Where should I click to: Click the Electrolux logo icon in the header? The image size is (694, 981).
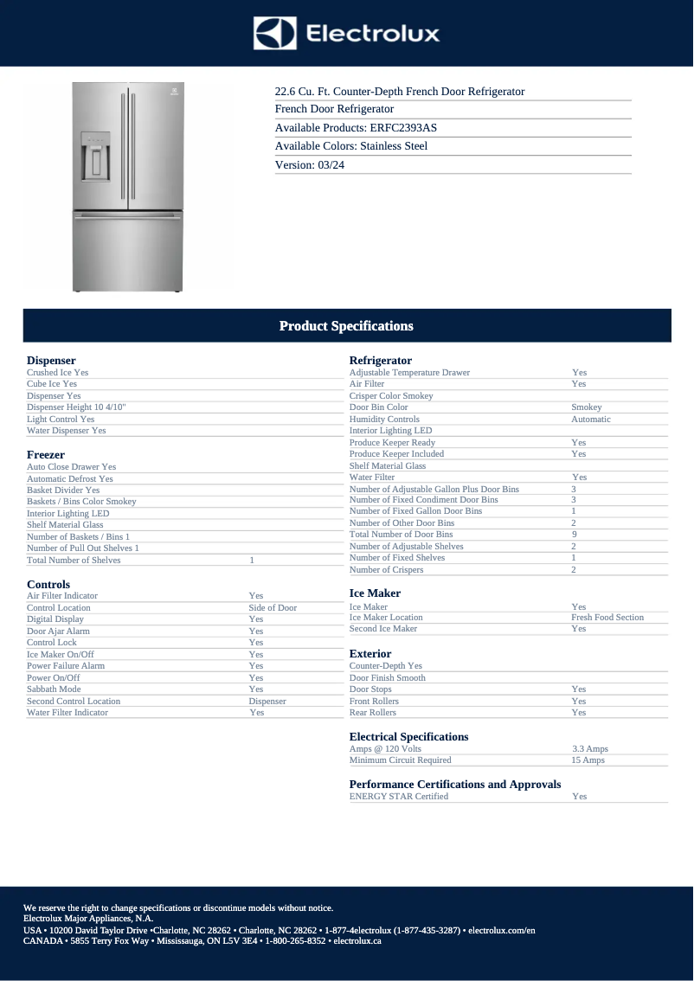tap(275, 34)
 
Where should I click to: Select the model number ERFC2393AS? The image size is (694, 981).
tap(404, 127)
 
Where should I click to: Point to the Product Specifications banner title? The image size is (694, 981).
tap(346, 326)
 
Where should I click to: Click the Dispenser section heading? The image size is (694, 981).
tap(51, 360)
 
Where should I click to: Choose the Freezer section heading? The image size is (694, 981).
tap(46, 454)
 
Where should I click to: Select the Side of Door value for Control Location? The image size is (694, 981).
tap(273, 607)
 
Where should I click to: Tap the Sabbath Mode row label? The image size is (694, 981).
tap(54, 689)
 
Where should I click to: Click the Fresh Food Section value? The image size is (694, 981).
tap(607, 618)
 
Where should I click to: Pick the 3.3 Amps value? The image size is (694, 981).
tap(590, 748)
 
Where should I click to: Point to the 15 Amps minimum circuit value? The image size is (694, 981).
tap(588, 760)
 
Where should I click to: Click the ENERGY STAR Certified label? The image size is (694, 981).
tap(399, 796)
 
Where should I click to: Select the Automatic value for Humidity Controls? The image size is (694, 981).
tap(591, 419)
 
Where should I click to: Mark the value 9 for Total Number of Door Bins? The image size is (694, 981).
tap(574, 535)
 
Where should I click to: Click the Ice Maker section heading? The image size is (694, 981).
tap(375, 593)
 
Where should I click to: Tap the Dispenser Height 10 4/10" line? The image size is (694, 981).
tap(76, 407)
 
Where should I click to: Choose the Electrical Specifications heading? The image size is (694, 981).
tap(408, 737)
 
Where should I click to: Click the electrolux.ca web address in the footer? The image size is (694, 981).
tap(357, 940)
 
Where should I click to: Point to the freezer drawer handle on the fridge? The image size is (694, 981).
tap(128, 219)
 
